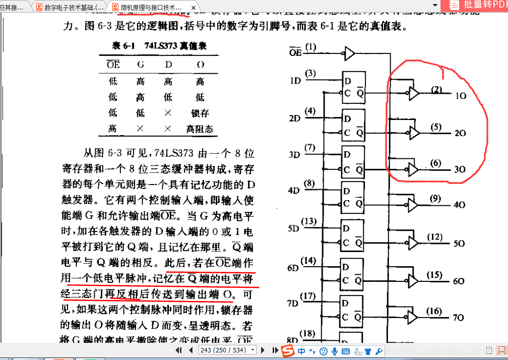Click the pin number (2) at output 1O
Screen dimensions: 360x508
436,90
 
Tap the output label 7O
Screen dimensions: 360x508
458,318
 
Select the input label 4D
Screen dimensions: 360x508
294,190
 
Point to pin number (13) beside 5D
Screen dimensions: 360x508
310,221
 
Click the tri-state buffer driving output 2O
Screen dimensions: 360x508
414,133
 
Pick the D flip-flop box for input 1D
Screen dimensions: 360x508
353,87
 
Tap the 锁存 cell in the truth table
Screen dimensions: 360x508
200,113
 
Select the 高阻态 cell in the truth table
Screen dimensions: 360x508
200,129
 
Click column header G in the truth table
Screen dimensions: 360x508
140,65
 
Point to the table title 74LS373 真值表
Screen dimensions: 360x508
159,46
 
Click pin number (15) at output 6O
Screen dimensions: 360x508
434,275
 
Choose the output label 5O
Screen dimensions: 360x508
459,243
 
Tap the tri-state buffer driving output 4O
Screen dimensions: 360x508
413,204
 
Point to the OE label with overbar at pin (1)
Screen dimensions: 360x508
295,51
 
